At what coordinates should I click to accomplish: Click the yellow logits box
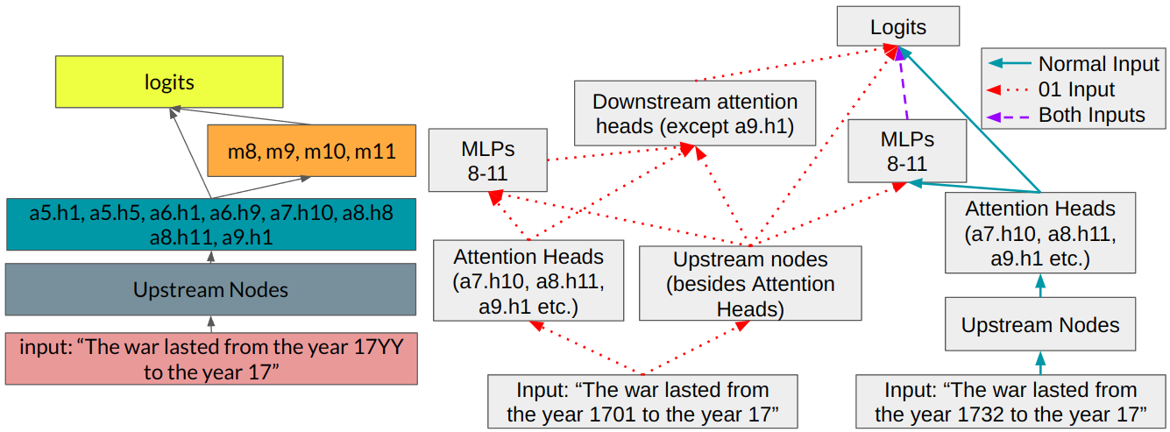(169, 81)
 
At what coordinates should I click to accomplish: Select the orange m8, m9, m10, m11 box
(311, 149)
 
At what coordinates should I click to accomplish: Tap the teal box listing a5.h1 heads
(210, 225)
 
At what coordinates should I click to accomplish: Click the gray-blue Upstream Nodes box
(210, 288)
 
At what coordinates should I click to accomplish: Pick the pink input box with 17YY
(210, 358)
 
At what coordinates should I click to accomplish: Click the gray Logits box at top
(897, 28)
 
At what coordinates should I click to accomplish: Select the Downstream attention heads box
(695, 113)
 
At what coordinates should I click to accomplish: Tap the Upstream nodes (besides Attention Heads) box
(750, 282)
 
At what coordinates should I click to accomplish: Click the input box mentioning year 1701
(643, 401)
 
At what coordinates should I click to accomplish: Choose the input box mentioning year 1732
(1010, 401)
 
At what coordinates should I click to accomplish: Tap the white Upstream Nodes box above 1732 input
(1040, 325)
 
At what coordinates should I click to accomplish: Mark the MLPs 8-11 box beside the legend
(906, 151)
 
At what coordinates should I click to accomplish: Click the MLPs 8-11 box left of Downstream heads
(488, 159)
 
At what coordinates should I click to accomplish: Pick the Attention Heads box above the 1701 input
(528, 281)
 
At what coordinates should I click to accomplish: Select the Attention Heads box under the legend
(1040, 233)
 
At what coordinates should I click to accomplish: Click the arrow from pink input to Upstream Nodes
(210, 323)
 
